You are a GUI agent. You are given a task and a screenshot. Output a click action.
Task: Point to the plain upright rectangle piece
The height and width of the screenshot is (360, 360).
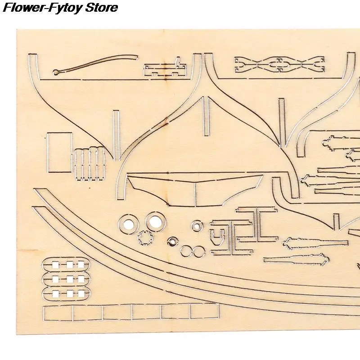59,153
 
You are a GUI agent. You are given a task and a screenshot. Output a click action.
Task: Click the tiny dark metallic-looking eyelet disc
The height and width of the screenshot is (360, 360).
172,241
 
